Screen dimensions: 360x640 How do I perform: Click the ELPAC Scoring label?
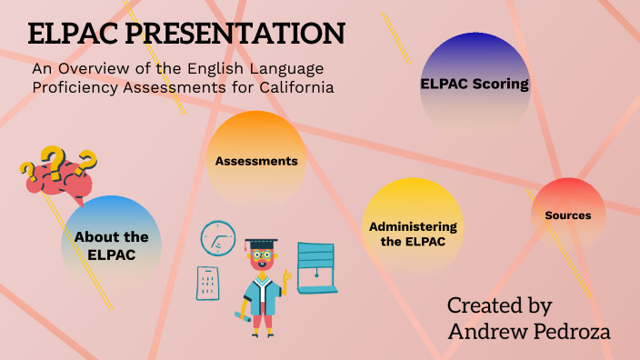coord(475,84)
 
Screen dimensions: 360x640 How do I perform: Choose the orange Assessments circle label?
coord(256,161)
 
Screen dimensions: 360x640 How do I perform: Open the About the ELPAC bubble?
coord(112,245)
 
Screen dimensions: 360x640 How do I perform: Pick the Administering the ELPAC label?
coord(413,234)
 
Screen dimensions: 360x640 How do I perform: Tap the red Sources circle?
coord(568,215)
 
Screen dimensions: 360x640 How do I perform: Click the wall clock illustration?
coord(218,237)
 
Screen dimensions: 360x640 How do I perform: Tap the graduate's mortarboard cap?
coord(261,245)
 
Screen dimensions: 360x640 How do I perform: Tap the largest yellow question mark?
coord(56,161)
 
